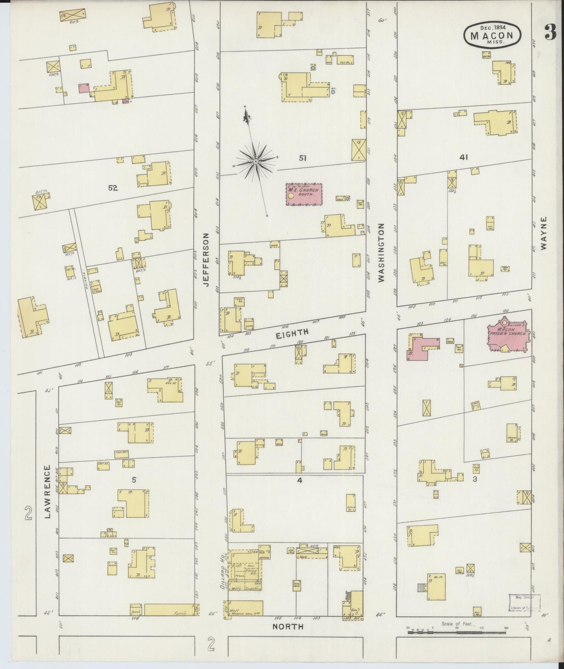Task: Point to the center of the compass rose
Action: pyautogui.click(x=255, y=161)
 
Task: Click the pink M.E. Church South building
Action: pyautogui.click(x=304, y=194)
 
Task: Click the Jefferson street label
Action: pyautogui.click(x=206, y=260)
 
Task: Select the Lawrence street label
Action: pyautogui.click(x=48, y=491)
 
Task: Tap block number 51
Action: pyautogui.click(x=302, y=158)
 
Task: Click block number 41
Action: pyautogui.click(x=464, y=158)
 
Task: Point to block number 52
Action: pyautogui.click(x=113, y=188)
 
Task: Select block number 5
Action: pyautogui.click(x=134, y=480)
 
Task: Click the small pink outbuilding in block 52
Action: pyautogui.click(x=83, y=88)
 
